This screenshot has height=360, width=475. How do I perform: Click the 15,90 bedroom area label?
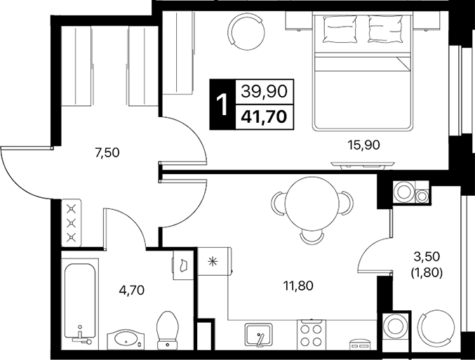(x=363, y=145)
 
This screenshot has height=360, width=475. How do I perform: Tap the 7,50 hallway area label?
(x=107, y=153)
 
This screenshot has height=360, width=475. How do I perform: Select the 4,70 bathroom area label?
(x=132, y=291)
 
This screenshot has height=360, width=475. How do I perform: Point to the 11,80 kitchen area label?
(x=298, y=286)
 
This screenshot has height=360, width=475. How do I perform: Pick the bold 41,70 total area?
(x=264, y=116)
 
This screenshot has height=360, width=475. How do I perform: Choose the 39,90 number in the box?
(x=264, y=91)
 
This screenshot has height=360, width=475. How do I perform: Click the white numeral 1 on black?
(x=222, y=105)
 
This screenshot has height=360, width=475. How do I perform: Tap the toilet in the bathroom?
(x=168, y=331)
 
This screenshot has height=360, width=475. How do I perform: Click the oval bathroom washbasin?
(x=126, y=340)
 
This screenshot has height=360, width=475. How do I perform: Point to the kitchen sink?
(x=258, y=334)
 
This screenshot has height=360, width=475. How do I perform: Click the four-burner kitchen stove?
(x=311, y=335)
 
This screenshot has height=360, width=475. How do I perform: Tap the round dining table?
(x=312, y=204)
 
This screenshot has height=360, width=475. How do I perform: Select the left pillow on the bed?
(x=340, y=29)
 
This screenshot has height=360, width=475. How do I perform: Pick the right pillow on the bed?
(x=385, y=29)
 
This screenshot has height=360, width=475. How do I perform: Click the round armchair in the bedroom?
(x=246, y=31)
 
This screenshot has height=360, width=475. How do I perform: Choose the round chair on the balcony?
(x=436, y=328)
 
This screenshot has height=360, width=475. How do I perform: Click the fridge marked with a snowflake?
(x=214, y=261)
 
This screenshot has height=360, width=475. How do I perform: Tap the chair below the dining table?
(x=312, y=237)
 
